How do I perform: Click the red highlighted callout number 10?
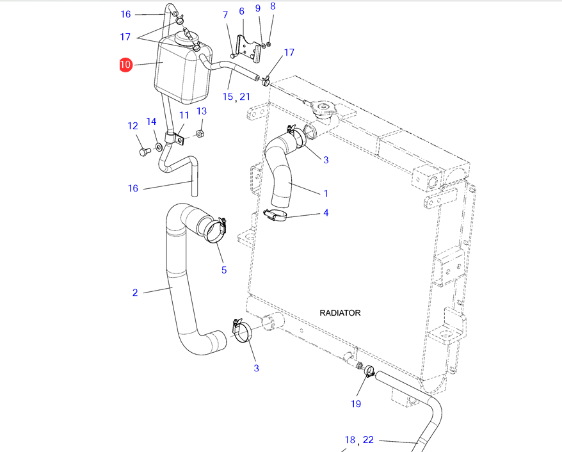coord(125,65)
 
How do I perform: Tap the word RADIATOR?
coord(340,313)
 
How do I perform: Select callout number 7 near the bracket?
coord(225,15)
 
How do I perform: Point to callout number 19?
coord(356,403)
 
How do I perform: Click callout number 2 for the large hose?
coord(135,293)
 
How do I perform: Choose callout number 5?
coord(224,270)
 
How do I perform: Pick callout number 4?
coord(325,213)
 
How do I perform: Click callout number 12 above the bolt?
coord(133,125)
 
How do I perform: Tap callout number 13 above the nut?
coord(202,111)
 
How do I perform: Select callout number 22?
coord(368,440)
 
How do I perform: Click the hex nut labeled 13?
coord(198,134)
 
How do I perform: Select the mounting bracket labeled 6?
coord(250,49)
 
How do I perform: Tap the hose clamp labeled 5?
coord(213,230)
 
